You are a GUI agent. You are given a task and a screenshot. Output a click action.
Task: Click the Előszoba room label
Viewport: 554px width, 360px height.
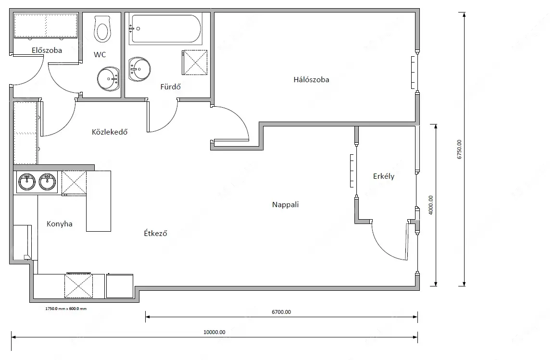pos(47,50)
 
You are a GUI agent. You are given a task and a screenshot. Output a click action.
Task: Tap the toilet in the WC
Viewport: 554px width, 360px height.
pos(102,28)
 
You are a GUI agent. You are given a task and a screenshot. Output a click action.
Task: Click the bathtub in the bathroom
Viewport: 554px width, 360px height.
pos(165,29)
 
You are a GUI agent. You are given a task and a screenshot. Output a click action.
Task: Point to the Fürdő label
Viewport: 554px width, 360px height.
pos(170,87)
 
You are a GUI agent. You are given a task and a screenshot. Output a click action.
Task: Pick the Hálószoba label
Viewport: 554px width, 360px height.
pos(311,79)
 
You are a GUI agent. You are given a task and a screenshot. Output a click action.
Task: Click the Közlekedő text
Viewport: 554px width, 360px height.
pos(110,132)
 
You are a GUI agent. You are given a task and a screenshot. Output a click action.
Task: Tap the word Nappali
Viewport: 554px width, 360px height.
pos(285,205)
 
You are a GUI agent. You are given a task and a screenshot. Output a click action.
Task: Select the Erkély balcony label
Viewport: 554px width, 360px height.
pos(383,176)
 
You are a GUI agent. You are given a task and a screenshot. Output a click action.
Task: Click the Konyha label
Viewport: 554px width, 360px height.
pos(59,223)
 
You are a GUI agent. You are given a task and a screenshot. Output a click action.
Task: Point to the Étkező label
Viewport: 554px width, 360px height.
pos(155,233)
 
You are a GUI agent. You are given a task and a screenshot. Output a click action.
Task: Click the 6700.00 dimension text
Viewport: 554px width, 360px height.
pos(281,312)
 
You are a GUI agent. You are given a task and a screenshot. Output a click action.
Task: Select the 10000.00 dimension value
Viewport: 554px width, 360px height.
pos(214,332)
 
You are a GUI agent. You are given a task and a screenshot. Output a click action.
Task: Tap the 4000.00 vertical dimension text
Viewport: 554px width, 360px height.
pos(430,205)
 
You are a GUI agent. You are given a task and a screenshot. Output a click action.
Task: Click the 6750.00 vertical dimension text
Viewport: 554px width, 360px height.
pos(459,149)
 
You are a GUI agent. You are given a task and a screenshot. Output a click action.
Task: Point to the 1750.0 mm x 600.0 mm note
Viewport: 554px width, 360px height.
pos(66,309)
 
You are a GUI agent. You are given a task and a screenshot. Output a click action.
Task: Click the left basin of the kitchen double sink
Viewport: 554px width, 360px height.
pos(27,182)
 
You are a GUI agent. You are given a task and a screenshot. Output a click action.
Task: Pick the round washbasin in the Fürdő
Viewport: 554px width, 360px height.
pos(139,69)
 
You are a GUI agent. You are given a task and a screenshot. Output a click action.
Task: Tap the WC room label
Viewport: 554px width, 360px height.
pos(100,54)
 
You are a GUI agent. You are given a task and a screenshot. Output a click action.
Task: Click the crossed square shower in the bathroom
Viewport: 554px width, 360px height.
pos(194,62)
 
